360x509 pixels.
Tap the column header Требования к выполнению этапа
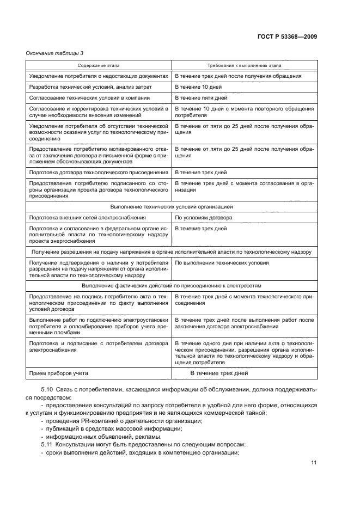tap(244, 65)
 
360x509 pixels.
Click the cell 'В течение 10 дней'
tap(197, 87)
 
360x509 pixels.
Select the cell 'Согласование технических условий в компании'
tap(89, 99)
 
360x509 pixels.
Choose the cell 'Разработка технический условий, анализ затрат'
tap(90, 87)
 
